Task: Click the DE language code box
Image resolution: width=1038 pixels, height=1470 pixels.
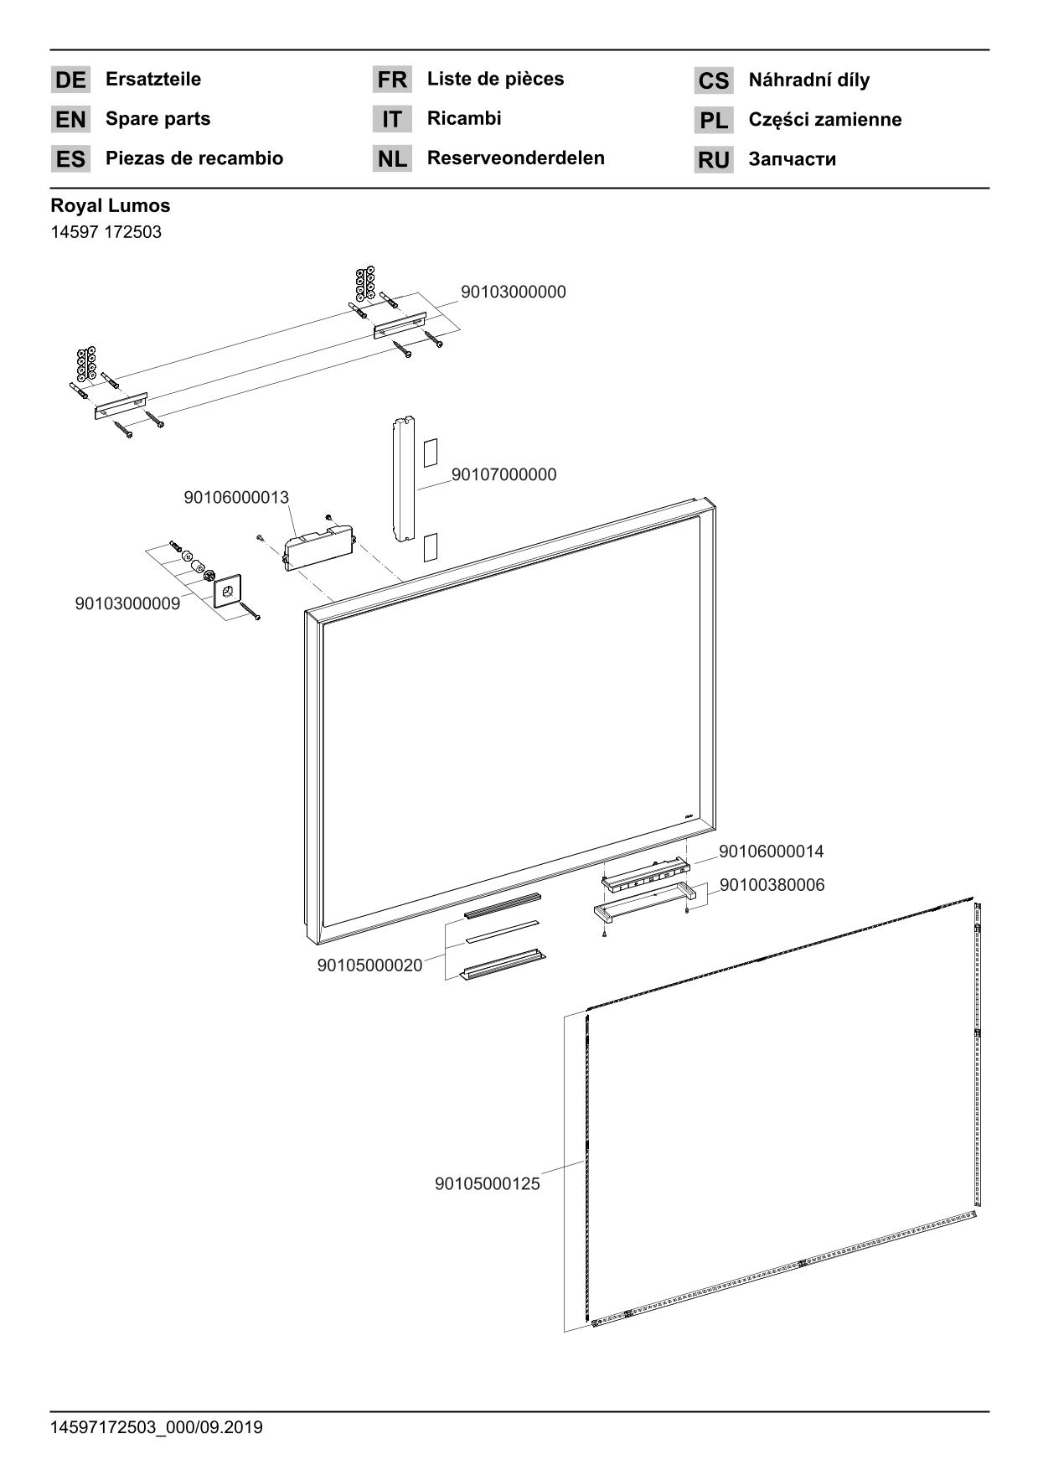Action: click(x=70, y=80)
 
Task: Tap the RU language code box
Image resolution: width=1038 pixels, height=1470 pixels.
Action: click(x=713, y=160)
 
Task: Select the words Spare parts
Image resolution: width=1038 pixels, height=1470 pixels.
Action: click(x=158, y=119)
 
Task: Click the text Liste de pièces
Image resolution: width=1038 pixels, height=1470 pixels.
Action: click(x=495, y=80)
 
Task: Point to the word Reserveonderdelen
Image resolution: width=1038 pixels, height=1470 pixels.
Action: click(x=515, y=158)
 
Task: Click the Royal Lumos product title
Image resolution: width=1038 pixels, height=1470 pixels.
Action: click(x=110, y=206)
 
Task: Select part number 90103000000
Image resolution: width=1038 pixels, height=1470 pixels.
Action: click(x=513, y=292)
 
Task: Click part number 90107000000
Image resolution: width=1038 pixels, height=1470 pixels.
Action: click(x=504, y=475)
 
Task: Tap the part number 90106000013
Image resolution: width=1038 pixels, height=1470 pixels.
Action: click(x=236, y=498)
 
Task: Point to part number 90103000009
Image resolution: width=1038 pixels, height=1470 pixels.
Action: click(x=127, y=604)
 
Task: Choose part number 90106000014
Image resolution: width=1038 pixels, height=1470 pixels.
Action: click(x=771, y=852)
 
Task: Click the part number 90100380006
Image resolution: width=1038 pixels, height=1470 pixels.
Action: click(x=772, y=886)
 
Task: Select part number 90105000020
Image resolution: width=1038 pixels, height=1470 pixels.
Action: click(x=369, y=966)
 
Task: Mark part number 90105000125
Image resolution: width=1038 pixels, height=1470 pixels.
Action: click(x=487, y=1185)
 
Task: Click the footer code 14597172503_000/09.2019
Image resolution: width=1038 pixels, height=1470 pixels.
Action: click(x=156, y=1427)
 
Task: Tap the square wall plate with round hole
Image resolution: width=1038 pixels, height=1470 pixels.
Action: click(x=228, y=590)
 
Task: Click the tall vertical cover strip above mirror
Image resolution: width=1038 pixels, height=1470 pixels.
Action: click(x=404, y=478)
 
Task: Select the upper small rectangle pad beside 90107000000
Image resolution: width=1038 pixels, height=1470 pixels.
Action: click(x=430, y=453)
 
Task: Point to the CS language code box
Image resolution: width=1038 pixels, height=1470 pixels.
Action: click(x=713, y=81)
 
